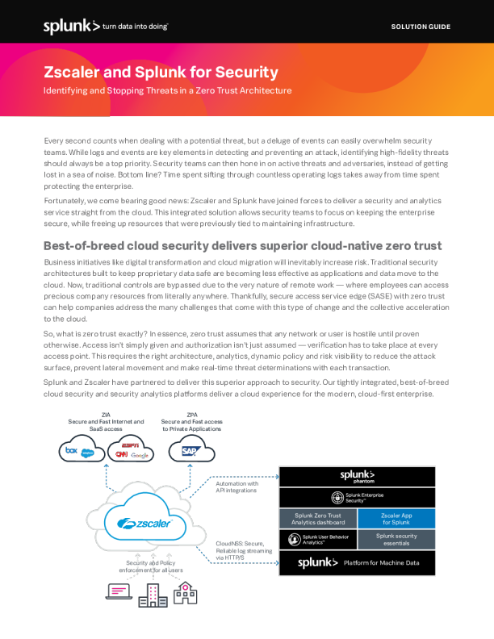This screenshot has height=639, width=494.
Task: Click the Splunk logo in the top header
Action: (72, 27)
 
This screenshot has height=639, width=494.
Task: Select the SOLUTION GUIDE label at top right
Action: (421, 27)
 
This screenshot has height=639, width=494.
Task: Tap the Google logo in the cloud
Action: (141, 456)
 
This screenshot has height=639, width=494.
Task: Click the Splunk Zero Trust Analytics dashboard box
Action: (317, 519)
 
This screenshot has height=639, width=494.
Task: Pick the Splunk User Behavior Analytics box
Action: (317, 539)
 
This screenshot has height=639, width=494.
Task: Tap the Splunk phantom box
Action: (357, 477)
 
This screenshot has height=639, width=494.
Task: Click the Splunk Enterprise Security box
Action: (357, 498)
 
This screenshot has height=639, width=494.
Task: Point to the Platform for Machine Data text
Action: (381, 562)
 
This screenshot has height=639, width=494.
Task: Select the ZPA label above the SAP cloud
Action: (191, 416)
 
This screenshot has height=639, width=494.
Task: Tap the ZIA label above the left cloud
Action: (106, 416)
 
